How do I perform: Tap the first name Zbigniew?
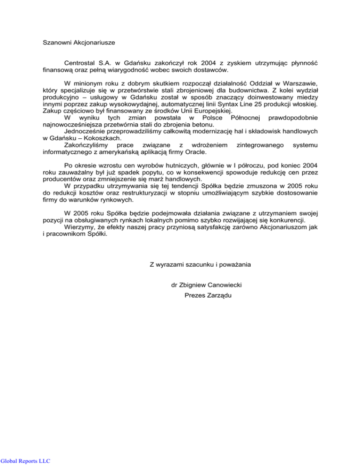coord(196,285)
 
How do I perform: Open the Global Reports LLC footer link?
coord(25,461)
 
